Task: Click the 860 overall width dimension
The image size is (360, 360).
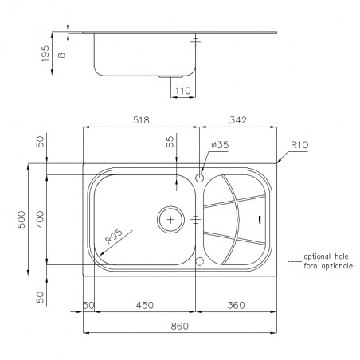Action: [x=180, y=326]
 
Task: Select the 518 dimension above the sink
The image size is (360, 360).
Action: [x=141, y=120]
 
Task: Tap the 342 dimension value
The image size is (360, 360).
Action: [x=238, y=120]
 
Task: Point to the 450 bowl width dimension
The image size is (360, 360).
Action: [x=145, y=305]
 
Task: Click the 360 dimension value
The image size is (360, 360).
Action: [x=236, y=305]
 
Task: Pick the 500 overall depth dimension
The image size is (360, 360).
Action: [x=22, y=220]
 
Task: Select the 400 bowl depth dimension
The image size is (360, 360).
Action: [x=40, y=220]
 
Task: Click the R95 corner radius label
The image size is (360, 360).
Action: [x=114, y=237]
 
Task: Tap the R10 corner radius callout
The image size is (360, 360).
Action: [x=299, y=145]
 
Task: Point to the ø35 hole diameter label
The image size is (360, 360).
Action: [x=220, y=145]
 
